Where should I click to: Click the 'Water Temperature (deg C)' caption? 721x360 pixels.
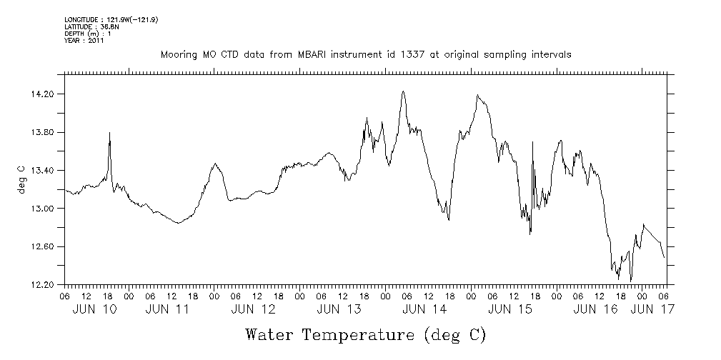[366, 334]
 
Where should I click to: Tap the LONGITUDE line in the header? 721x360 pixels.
[111, 19]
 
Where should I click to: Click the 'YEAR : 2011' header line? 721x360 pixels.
[84, 41]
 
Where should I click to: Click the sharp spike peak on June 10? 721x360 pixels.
[109, 133]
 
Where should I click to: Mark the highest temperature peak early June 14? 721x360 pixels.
[403, 91]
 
